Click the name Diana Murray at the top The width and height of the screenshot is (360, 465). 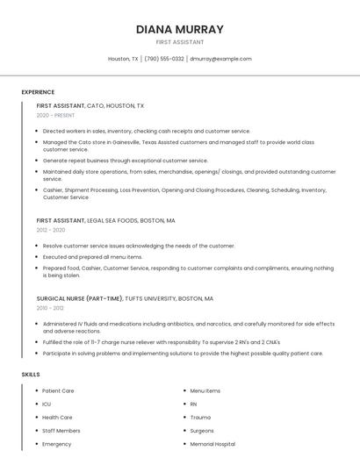click(x=180, y=29)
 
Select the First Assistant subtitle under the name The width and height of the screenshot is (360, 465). click(x=180, y=42)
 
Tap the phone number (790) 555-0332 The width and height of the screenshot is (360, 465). click(x=164, y=59)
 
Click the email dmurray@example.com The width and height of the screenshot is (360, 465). click(x=220, y=59)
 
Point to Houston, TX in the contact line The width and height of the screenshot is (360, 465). click(x=123, y=59)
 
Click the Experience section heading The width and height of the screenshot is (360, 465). click(x=38, y=92)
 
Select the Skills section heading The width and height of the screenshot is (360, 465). click(x=31, y=375)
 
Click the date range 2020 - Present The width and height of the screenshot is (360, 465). click(x=55, y=115)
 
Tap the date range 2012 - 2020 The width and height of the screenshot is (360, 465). click(x=51, y=230)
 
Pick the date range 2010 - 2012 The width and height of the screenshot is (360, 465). click(x=49, y=308)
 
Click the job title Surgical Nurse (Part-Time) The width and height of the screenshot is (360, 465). click(x=80, y=298)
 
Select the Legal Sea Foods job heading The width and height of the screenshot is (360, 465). click(x=105, y=220)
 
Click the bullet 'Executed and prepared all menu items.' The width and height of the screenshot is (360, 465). click(x=92, y=257)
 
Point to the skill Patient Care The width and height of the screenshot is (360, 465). click(x=58, y=390)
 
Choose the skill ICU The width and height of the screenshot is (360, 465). click(x=47, y=404)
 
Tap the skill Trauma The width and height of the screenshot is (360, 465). click(x=200, y=418)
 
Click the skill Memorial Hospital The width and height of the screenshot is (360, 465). click(x=212, y=444)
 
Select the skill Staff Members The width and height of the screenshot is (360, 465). click(x=61, y=431)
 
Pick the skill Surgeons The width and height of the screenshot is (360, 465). click(x=202, y=431)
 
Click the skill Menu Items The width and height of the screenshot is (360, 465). click(x=205, y=390)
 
